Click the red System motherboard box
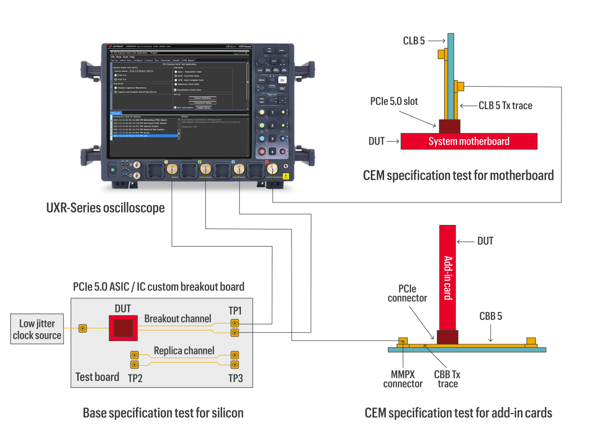468,141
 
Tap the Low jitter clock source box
37,330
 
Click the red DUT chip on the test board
123,327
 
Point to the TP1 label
235,311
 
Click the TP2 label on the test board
135,378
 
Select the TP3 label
235,378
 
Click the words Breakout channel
178,318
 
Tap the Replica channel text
184,350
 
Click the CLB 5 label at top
414,41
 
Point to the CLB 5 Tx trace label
505,105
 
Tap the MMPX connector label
403,379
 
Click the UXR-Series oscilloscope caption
105,208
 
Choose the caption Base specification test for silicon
163,413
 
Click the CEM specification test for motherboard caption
458,175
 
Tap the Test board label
97,377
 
